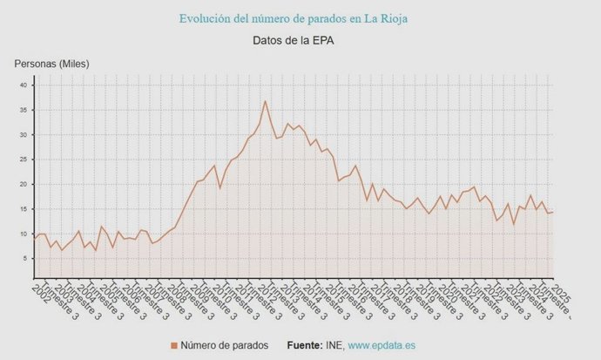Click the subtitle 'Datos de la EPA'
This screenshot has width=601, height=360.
(x=294, y=40)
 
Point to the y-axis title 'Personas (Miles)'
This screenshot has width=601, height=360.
(x=51, y=64)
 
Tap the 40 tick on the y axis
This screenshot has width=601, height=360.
(x=25, y=85)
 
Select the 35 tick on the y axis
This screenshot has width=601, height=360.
(x=25, y=110)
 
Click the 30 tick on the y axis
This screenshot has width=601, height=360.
(x=25, y=135)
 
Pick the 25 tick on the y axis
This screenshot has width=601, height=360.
(x=25, y=160)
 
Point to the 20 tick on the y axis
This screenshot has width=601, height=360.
(x=25, y=185)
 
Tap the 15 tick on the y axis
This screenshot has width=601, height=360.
(x=25, y=209)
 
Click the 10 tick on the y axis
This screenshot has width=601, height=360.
(x=25, y=234)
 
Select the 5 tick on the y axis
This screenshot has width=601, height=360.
(x=26, y=259)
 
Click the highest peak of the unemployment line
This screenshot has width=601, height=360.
(x=265, y=101)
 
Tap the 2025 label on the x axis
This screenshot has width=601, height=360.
(x=562, y=293)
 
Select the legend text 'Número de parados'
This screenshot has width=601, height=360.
(x=226, y=346)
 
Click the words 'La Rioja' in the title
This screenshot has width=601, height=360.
(x=384, y=17)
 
